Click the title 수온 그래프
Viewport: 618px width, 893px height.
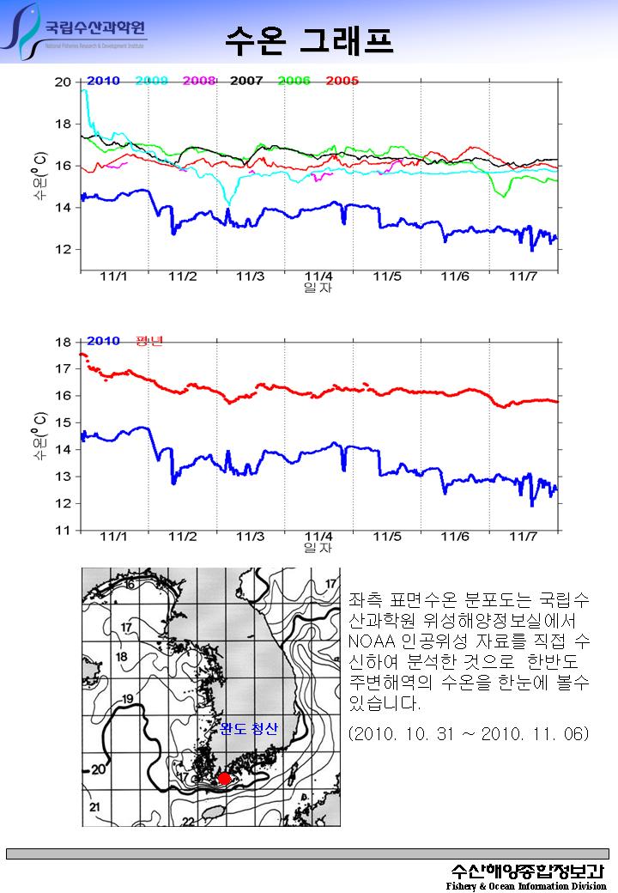point(310,39)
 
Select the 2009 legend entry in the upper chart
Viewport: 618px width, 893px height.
point(151,81)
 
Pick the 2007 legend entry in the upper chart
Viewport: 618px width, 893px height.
point(246,81)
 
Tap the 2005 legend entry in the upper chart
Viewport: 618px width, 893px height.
point(342,81)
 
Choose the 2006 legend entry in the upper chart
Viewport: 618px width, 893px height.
point(294,81)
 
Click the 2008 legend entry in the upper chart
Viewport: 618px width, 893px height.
point(198,81)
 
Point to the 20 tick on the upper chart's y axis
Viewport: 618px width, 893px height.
point(63,82)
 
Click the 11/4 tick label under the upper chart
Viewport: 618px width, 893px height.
point(318,276)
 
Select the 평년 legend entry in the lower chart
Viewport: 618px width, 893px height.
point(149,341)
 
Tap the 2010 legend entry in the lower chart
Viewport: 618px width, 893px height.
point(103,341)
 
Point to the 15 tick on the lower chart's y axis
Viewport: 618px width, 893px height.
point(63,422)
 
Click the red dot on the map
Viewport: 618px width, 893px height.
point(224,778)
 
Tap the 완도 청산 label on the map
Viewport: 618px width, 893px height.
point(249,729)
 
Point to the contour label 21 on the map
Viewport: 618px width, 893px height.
point(95,807)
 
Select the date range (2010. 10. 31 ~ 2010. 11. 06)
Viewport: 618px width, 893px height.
point(469,736)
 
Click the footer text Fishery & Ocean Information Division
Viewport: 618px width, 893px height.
point(525,886)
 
